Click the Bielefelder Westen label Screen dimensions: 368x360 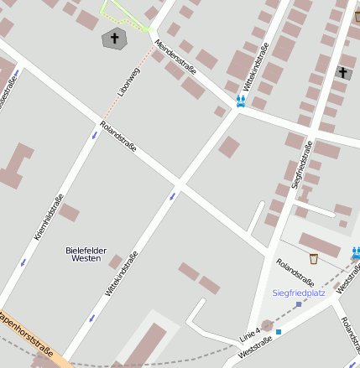pos(83,254)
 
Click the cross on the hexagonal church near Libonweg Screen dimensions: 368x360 pos(114,38)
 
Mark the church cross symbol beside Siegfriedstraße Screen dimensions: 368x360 pos(342,73)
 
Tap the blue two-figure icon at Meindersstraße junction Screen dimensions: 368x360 pos(241,101)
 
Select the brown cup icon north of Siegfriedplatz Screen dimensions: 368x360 pos(313,258)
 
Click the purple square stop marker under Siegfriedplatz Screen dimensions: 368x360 pos(298,304)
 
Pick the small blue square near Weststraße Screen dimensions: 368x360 pos(279,332)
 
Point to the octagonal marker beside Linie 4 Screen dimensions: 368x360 pos(267,325)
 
